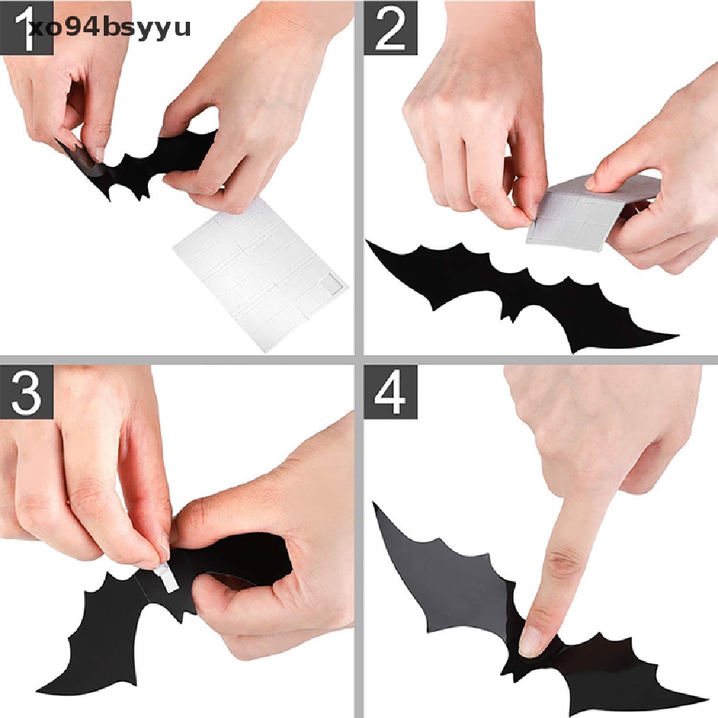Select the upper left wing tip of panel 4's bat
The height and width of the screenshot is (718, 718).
click(379, 508)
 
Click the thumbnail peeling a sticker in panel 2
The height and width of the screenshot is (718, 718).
click(534, 210)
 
